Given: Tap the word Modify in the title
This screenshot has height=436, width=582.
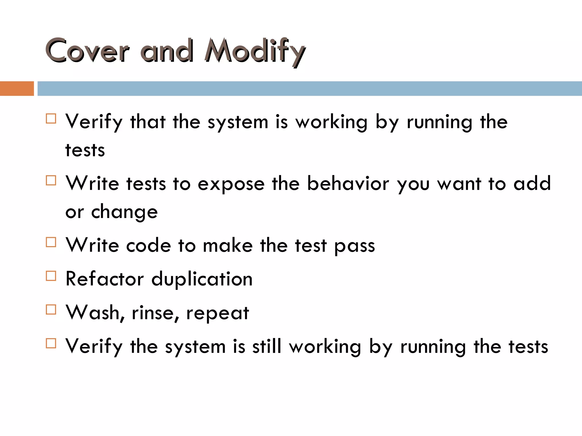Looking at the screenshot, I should (x=255, y=51).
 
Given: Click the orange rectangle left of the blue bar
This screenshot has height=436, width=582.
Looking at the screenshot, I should (x=17, y=89).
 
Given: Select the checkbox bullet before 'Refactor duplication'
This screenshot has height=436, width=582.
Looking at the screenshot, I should (x=51, y=276).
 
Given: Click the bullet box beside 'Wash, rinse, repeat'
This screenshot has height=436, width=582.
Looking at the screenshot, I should (x=51, y=309).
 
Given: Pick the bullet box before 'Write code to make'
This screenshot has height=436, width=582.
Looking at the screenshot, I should (x=51, y=242).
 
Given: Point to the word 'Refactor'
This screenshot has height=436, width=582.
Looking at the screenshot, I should (x=105, y=279).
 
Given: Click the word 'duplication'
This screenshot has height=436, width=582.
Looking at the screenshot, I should (x=202, y=279).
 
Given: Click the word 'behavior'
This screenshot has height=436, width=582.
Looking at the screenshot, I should (x=348, y=183).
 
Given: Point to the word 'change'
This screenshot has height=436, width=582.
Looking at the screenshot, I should (x=124, y=212).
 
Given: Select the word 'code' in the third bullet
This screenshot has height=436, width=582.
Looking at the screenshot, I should (x=148, y=245).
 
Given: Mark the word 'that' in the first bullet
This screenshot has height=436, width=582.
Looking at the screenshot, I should (x=148, y=122).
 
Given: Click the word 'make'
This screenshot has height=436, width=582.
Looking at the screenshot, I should (x=228, y=245).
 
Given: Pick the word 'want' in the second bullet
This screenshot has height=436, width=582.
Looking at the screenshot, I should (x=459, y=184).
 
